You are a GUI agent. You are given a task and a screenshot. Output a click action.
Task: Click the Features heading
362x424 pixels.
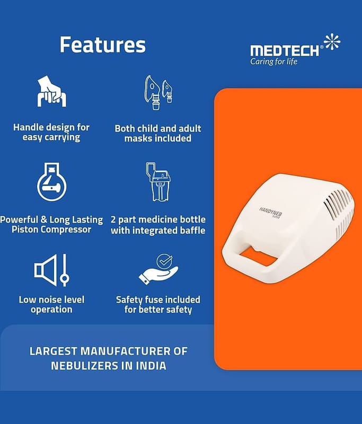point(102,45)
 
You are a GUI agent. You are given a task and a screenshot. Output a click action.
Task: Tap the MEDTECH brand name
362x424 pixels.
point(285,51)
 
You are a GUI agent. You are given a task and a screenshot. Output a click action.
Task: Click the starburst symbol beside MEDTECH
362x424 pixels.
point(332,42)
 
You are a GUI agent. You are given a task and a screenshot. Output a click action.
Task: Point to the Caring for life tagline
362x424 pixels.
point(273,61)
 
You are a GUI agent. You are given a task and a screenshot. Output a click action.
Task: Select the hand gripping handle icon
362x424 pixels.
point(51,91)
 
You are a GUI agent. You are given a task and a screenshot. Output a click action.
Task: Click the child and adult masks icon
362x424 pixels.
point(158,92)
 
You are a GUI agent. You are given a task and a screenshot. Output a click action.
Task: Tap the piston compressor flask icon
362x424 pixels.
point(51,182)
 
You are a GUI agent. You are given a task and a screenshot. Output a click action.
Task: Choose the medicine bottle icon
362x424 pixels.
point(158,181)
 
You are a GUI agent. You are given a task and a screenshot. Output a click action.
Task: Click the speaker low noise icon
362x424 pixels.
point(51,270)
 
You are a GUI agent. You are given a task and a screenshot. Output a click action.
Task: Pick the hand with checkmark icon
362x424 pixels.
point(158,269)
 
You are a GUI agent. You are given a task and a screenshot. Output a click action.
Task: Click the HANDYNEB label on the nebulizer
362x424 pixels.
point(271,213)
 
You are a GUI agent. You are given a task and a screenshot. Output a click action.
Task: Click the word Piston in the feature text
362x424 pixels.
point(25,230)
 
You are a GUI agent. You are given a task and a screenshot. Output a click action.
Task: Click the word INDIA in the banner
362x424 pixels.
point(151,366)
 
